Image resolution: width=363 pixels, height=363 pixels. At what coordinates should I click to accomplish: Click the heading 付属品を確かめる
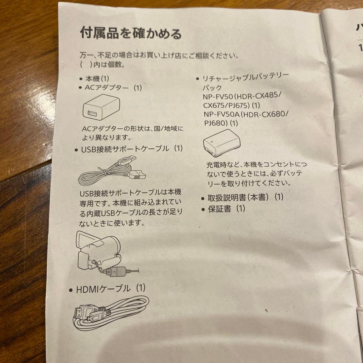point(131,34)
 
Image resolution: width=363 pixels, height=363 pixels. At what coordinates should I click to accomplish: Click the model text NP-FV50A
point(222,114)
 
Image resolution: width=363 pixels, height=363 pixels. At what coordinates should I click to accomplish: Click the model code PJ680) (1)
point(220,123)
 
